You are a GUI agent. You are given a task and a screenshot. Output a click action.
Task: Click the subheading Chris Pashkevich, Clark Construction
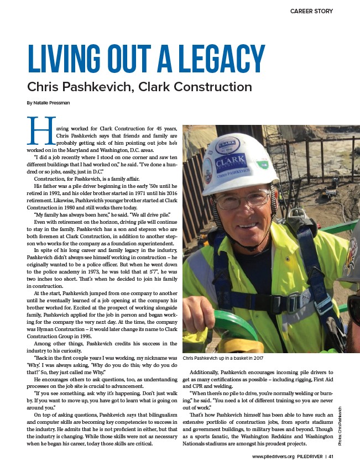coord(139,87)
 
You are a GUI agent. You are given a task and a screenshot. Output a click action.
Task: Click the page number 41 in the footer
coord(346,456)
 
